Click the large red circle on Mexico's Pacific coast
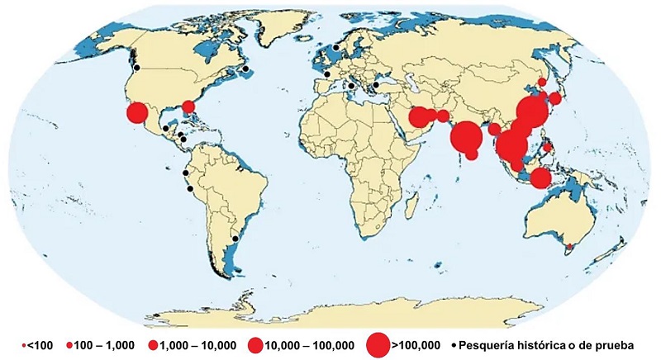[x=137, y=113]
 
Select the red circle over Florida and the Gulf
[x=188, y=107]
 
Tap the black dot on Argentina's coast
[x=235, y=239]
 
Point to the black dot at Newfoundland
[x=245, y=69]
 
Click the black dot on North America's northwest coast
[x=137, y=68]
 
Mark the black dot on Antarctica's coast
[x=155, y=315]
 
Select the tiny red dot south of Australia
[x=568, y=245]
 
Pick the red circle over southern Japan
[x=555, y=98]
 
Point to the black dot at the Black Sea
[x=375, y=83]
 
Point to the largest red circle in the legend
[x=378, y=344]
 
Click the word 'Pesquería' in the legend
[x=491, y=344]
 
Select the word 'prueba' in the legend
[x=612, y=344]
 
